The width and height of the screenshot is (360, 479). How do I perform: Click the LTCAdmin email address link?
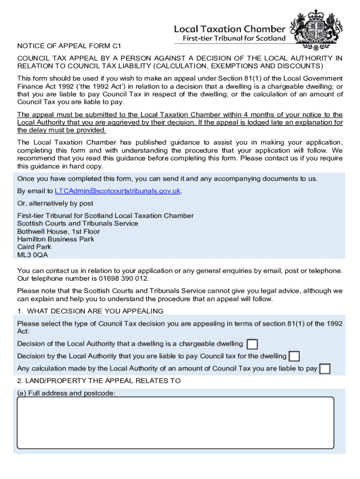click(117, 191)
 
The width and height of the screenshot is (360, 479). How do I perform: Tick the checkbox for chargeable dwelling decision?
click(252, 344)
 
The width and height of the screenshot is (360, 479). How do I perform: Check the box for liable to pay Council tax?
click(294, 356)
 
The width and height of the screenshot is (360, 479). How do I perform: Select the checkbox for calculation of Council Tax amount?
click(324, 369)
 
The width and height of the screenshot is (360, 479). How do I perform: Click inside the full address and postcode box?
click(175, 422)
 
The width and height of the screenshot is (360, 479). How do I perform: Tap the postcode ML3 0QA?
click(32, 255)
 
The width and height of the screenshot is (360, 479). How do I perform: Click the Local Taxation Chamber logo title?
click(229, 29)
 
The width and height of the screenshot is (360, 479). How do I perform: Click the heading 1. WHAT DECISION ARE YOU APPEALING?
click(90, 311)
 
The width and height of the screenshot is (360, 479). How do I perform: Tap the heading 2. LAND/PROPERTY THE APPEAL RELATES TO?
click(99, 381)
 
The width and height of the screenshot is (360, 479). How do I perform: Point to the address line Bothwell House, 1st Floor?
click(58, 232)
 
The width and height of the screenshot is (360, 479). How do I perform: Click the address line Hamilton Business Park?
click(56, 239)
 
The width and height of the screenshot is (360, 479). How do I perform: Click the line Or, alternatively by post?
click(55, 203)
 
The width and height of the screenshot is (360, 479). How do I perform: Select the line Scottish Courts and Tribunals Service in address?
click(78, 224)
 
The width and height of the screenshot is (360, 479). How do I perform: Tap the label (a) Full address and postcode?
click(66, 393)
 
